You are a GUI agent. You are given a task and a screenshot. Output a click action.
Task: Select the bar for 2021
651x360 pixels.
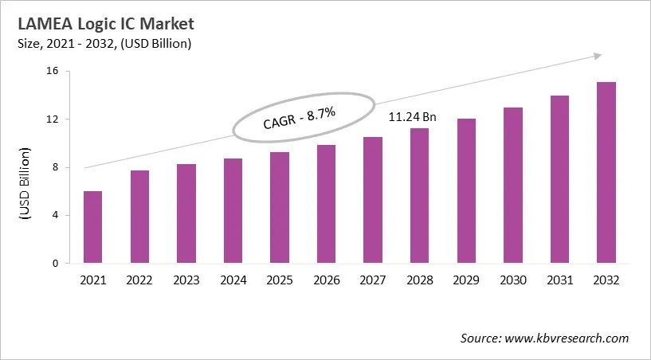(93, 227)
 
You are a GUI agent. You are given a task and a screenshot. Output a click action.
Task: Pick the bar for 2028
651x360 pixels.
(419, 196)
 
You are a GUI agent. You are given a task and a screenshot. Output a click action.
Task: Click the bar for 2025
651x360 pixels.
(280, 208)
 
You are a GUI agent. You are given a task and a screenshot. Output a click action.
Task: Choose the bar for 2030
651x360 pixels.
(512, 186)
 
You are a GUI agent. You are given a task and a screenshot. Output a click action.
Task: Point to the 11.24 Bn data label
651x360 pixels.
(412, 117)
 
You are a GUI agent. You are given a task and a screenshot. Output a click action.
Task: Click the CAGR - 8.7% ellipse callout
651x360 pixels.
(303, 119)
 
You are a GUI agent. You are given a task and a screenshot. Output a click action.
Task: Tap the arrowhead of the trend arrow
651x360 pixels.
(595, 56)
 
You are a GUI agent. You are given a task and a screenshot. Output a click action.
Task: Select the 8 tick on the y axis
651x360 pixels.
(57, 167)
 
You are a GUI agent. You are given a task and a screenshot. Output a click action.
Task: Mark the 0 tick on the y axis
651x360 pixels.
(57, 263)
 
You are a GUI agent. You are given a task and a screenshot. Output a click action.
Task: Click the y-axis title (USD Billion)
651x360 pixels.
(24, 183)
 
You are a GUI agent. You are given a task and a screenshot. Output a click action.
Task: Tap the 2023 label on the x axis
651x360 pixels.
(186, 280)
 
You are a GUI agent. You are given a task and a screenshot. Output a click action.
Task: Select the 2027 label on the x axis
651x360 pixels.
(373, 280)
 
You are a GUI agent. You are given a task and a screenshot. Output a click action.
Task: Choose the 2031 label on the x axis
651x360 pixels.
(559, 280)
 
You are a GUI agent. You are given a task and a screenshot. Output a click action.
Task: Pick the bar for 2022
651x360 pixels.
(139, 217)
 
